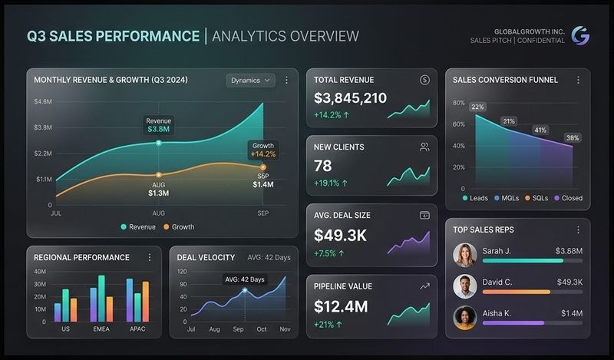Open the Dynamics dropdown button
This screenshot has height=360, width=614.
(x=251, y=80)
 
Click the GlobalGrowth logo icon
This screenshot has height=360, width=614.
(x=580, y=35)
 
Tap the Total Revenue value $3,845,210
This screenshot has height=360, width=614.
(x=350, y=98)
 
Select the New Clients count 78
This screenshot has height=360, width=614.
(x=323, y=165)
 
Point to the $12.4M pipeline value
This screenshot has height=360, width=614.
(x=341, y=306)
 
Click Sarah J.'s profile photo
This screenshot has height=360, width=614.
(x=465, y=256)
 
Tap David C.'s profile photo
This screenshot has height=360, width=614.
(x=465, y=286)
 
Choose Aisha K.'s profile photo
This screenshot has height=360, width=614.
(x=465, y=318)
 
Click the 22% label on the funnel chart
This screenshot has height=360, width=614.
(x=477, y=107)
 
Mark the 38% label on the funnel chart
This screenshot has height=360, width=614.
(x=573, y=138)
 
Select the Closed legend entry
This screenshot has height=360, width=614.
(x=567, y=198)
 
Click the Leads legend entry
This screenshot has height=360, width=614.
(x=476, y=198)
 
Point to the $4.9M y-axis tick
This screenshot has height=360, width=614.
(x=42, y=101)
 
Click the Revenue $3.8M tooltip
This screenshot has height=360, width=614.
(x=159, y=125)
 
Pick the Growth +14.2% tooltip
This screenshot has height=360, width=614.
(x=262, y=150)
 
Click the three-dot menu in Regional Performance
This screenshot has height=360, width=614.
(x=150, y=257)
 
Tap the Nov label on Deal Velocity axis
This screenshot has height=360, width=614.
(x=284, y=329)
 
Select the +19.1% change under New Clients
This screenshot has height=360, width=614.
(x=331, y=183)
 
